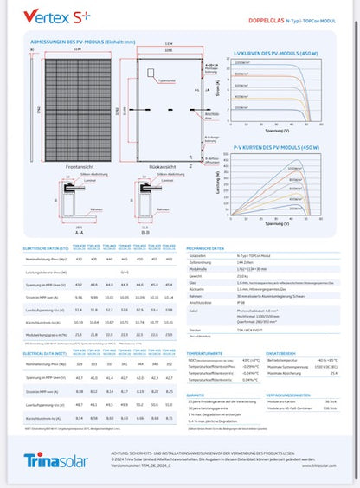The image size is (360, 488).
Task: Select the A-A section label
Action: (56, 233)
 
